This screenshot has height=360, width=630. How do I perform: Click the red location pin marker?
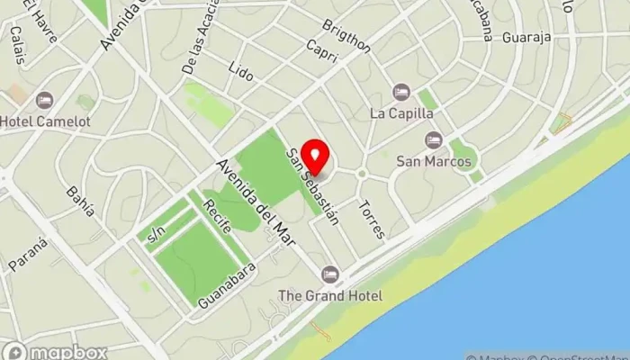[x=313, y=155]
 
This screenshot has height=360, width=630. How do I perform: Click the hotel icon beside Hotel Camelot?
[x=44, y=100]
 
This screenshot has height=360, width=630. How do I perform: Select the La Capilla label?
[x=402, y=113]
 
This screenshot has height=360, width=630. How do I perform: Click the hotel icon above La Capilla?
[x=401, y=92]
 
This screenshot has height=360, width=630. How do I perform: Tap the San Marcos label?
[x=434, y=161]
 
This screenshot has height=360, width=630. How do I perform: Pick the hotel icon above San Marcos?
[x=434, y=139]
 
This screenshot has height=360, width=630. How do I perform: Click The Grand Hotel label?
[x=330, y=295]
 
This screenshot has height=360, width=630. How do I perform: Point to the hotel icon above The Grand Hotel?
[x=330, y=274]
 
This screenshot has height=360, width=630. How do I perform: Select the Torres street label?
[x=372, y=219]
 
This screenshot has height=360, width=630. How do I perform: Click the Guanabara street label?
[x=228, y=285]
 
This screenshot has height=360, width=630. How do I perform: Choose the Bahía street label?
[x=80, y=202]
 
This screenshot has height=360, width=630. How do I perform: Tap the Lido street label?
[x=240, y=72]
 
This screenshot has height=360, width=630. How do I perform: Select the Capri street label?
[x=321, y=50]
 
